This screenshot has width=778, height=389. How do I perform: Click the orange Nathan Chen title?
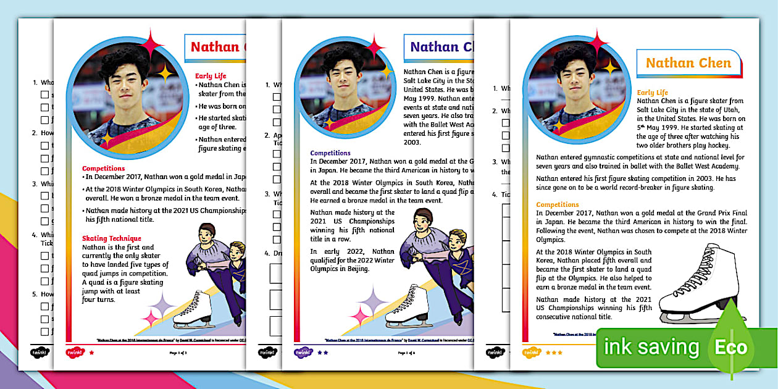[x=688, y=63]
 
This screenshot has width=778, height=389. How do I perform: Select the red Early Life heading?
[x=212, y=76]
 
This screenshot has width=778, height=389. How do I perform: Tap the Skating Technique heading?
[x=112, y=238]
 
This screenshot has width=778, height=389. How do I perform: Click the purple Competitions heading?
[x=330, y=153]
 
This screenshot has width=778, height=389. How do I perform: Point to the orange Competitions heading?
[x=558, y=204]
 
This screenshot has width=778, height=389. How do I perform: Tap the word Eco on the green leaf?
[x=731, y=347]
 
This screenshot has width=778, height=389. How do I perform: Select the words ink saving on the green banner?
[x=651, y=347]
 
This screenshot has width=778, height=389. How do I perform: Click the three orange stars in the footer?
[x=554, y=353]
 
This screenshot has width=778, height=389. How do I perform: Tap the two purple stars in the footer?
[x=323, y=353]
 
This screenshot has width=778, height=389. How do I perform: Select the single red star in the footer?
[x=92, y=353]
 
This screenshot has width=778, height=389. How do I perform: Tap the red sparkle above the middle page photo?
[x=374, y=46]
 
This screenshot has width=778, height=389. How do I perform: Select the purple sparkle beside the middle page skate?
[x=372, y=301]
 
